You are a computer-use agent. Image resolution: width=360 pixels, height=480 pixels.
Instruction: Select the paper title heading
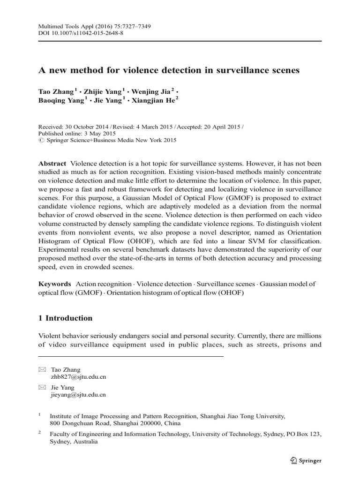click(168, 70)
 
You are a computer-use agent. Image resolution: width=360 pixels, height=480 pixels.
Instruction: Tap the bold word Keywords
click(54, 284)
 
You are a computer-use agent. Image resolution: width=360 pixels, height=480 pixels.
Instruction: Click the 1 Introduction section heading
click(65, 318)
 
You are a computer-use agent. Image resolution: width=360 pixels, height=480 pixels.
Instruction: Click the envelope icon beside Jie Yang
click(42, 388)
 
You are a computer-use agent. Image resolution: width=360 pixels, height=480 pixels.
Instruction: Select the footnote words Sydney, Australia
click(74, 442)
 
